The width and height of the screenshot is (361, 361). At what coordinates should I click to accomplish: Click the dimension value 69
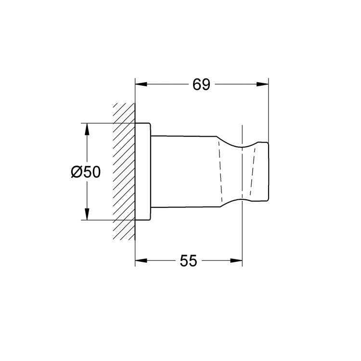pos(201,85)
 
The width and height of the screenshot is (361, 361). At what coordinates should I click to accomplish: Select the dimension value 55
pos(189,261)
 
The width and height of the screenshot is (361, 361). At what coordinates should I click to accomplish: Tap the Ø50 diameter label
pos(85,172)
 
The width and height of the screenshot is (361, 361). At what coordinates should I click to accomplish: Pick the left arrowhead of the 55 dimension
pos(141,261)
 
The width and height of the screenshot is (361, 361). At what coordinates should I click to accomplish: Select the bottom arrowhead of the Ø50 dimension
pos(87,215)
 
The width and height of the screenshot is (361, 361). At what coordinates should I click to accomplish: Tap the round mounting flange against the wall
pos(143,172)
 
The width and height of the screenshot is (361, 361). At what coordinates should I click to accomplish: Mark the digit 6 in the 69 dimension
pos(196,85)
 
